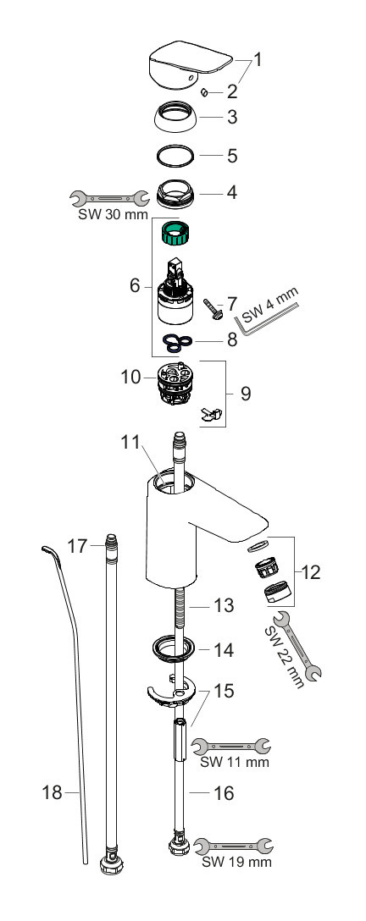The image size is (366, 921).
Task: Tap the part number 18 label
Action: click(53, 792)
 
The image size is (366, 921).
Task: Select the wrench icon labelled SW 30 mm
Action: click(109, 197)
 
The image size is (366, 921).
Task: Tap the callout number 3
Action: click(232, 117)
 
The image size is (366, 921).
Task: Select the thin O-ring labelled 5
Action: click(175, 156)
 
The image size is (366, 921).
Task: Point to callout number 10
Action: click(131, 377)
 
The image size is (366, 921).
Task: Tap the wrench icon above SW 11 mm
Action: click(232, 746)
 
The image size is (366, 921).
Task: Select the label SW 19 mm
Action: click(236, 863)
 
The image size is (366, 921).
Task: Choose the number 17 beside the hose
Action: click(77, 547)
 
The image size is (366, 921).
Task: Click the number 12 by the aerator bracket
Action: click(311, 571)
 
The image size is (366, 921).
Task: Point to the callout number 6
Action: click(135, 286)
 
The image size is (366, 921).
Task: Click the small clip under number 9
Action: click(211, 414)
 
